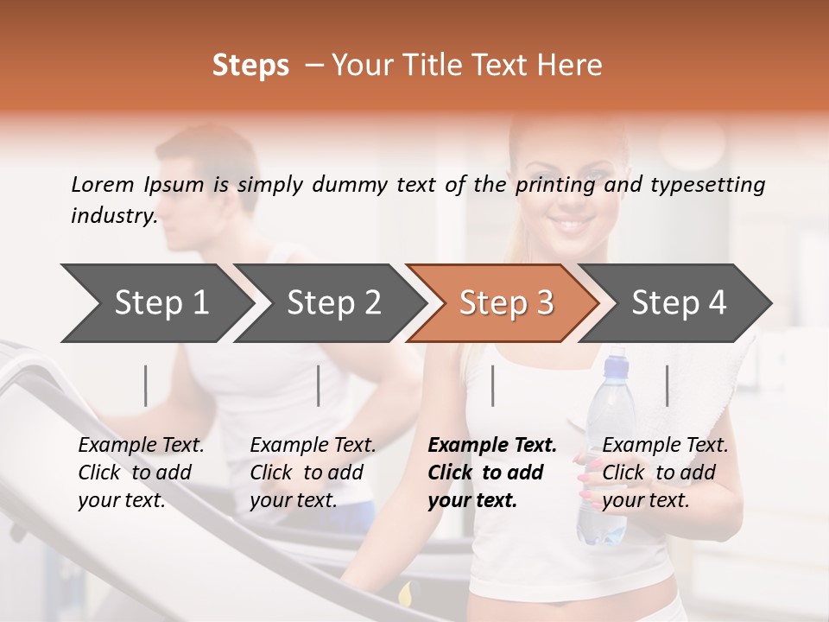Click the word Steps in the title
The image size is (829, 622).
point(250,66)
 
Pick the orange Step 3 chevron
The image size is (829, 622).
point(506,303)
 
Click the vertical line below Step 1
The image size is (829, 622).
point(146,385)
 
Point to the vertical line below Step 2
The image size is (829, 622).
point(319,385)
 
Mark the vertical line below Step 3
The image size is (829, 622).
point(492,385)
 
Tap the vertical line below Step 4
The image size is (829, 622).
point(667,385)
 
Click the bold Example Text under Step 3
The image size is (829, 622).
point(492,446)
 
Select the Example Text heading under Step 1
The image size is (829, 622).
point(141,446)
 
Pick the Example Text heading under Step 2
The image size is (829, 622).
point(313,446)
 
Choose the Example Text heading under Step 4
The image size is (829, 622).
point(665,446)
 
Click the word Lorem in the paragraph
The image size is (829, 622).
point(103,184)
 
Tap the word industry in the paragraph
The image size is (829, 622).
point(113,216)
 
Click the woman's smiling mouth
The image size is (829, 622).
point(573,225)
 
